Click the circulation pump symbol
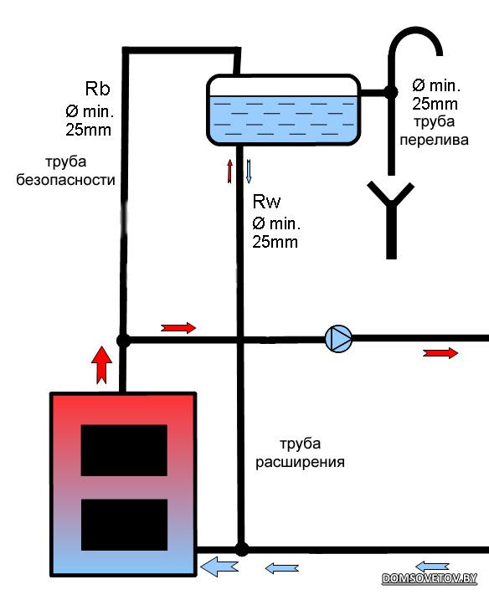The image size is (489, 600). pos(338,339)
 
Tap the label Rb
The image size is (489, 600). pos(97,89)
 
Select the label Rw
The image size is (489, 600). pos(266,202)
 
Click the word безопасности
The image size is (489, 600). pos(65,179)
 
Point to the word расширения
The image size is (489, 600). pos(300,462)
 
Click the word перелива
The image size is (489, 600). pos(435,140)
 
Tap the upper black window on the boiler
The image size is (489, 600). pos(124,450)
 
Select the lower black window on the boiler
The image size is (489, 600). pos(124,525)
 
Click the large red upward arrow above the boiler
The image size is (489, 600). pos(101,365)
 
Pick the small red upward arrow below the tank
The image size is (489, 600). pos(229,171)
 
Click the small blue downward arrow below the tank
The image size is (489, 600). pos(249,171)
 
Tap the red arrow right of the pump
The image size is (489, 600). pos(440,353)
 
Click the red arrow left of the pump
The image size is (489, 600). pos(178,328)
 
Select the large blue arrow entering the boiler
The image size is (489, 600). pos(219,567)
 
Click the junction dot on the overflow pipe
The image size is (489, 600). pos(390,92)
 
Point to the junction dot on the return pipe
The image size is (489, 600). pos(241,549)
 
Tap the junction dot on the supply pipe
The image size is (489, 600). pos(123,340)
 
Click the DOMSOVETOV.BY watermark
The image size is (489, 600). pos(430,578)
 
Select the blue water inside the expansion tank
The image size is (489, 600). pos(283,119)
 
